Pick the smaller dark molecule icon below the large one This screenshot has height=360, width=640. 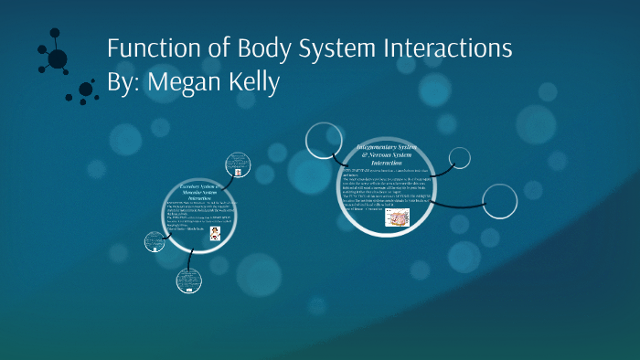point(86,90)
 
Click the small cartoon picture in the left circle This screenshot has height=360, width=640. point(216,233)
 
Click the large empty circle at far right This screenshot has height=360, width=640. point(499,200)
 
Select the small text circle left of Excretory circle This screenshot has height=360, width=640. point(154,242)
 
